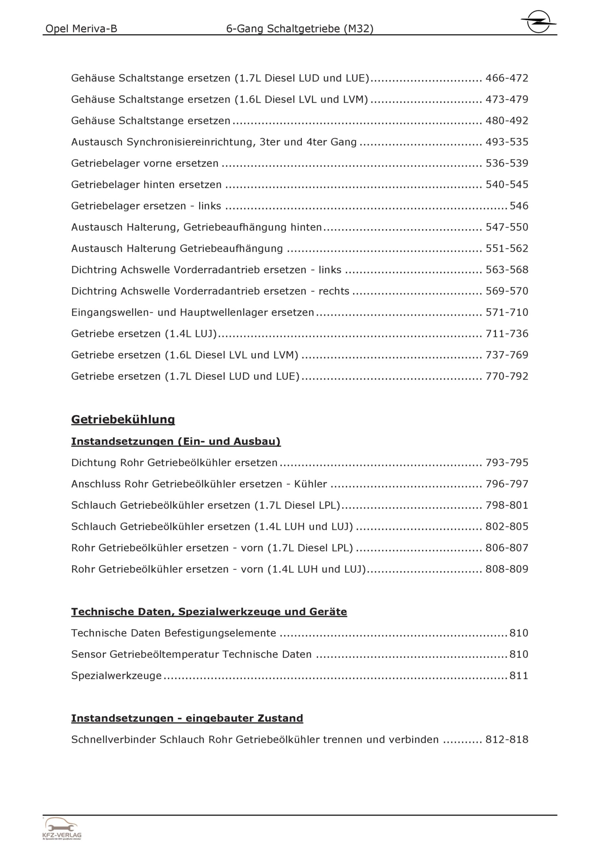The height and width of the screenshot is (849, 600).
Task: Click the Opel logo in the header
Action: pos(538,22)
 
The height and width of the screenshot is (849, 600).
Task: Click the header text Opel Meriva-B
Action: pos(81,29)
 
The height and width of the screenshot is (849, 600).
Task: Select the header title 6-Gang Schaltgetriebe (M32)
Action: pos(300,29)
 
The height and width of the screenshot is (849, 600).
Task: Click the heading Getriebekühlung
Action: pos(123,419)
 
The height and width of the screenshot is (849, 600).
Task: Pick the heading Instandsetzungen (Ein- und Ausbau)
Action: pos(176,441)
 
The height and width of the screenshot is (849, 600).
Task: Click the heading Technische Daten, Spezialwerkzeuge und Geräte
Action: pos(209,612)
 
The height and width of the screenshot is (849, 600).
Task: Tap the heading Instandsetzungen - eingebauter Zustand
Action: pos(187,718)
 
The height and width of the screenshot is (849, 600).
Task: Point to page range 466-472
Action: pos(507,78)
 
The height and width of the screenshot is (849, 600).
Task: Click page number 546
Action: pos(519,206)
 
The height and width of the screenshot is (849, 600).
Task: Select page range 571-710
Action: pos(507,312)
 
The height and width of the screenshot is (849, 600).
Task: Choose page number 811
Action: pos(519,676)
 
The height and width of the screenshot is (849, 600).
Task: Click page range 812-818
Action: pos(507,740)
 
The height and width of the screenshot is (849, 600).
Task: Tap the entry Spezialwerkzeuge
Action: pos(116,676)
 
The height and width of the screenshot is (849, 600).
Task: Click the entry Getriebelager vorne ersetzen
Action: pos(145,163)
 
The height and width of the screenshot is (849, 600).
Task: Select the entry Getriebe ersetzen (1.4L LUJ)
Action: pos(144,334)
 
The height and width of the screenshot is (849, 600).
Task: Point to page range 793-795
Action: pos(507,463)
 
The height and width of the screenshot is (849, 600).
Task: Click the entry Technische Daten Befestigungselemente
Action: pos(173,633)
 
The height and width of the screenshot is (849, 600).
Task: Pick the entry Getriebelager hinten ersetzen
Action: pos(146,184)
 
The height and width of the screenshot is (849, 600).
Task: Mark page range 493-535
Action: pos(507,142)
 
